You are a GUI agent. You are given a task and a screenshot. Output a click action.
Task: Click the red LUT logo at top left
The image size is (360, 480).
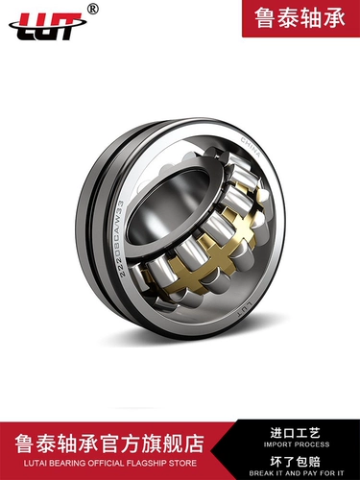pos(47,26)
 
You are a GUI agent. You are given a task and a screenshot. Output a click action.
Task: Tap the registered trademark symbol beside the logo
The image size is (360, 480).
pos(93,10)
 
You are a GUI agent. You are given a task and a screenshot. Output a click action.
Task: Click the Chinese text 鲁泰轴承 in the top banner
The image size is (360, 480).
pos(300,18)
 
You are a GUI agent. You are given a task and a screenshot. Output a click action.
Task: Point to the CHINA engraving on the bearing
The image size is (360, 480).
pos(251,148)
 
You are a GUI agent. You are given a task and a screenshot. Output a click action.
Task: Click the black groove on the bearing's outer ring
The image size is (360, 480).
pos(93,224)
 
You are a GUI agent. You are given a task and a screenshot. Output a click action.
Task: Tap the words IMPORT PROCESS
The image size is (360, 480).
pos(297,444)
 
